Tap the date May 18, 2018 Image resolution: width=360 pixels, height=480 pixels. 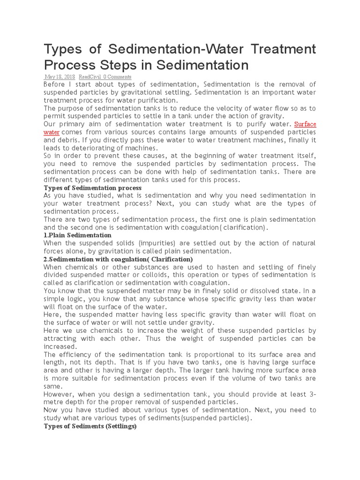pyautogui.click(x=59, y=77)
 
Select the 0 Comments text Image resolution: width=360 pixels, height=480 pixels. pyautogui.click(x=117, y=77)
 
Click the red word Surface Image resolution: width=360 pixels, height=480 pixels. pyautogui.click(x=305, y=124)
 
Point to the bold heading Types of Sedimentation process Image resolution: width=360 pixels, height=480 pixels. pyautogui.click(x=92, y=187)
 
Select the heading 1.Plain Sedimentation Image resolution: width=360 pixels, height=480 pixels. pyautogui.click(x=77, y=235)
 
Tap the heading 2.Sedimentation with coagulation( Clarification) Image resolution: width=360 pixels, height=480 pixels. pyautogui.click(x=118, y=259)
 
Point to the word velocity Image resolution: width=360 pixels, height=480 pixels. pyautogui.click(x=224, y=108)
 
